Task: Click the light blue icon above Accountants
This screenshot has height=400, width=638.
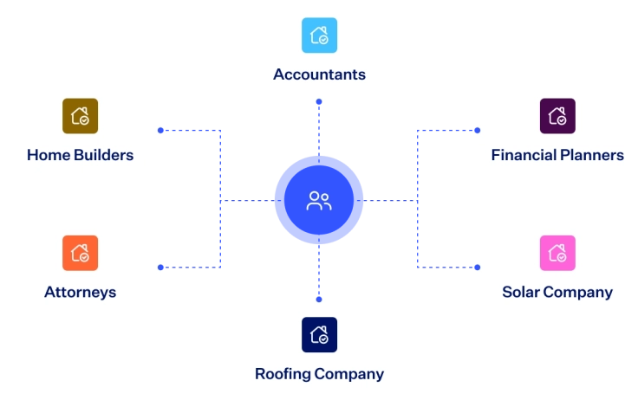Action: tap(319, 35)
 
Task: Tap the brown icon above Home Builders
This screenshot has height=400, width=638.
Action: tap(80, 116)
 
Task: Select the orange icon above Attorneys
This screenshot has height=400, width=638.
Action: tap(80, 253)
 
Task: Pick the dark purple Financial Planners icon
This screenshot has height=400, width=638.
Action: tap(557, 116)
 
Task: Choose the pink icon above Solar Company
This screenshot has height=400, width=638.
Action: tap(557, 253)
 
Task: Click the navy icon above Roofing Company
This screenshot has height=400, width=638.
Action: tap(319, 334)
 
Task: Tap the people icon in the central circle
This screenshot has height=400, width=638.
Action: tap(319, 201)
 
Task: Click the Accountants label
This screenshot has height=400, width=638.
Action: tap(319, 74)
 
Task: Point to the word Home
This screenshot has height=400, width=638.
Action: tap(48, 155)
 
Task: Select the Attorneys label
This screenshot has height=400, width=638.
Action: tap(80, 293)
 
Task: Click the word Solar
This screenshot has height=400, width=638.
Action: tap(520, 292)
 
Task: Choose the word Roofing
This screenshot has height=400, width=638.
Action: tap(283, 374)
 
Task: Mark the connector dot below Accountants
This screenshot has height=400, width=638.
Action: tap(319, 101)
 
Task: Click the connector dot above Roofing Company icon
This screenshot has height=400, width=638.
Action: tap(319, 300)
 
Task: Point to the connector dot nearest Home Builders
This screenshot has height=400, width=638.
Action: tap(160, 131)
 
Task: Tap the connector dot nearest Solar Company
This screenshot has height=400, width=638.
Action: tap(478, 268)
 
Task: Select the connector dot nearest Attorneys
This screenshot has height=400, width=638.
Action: tap(160, 268)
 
